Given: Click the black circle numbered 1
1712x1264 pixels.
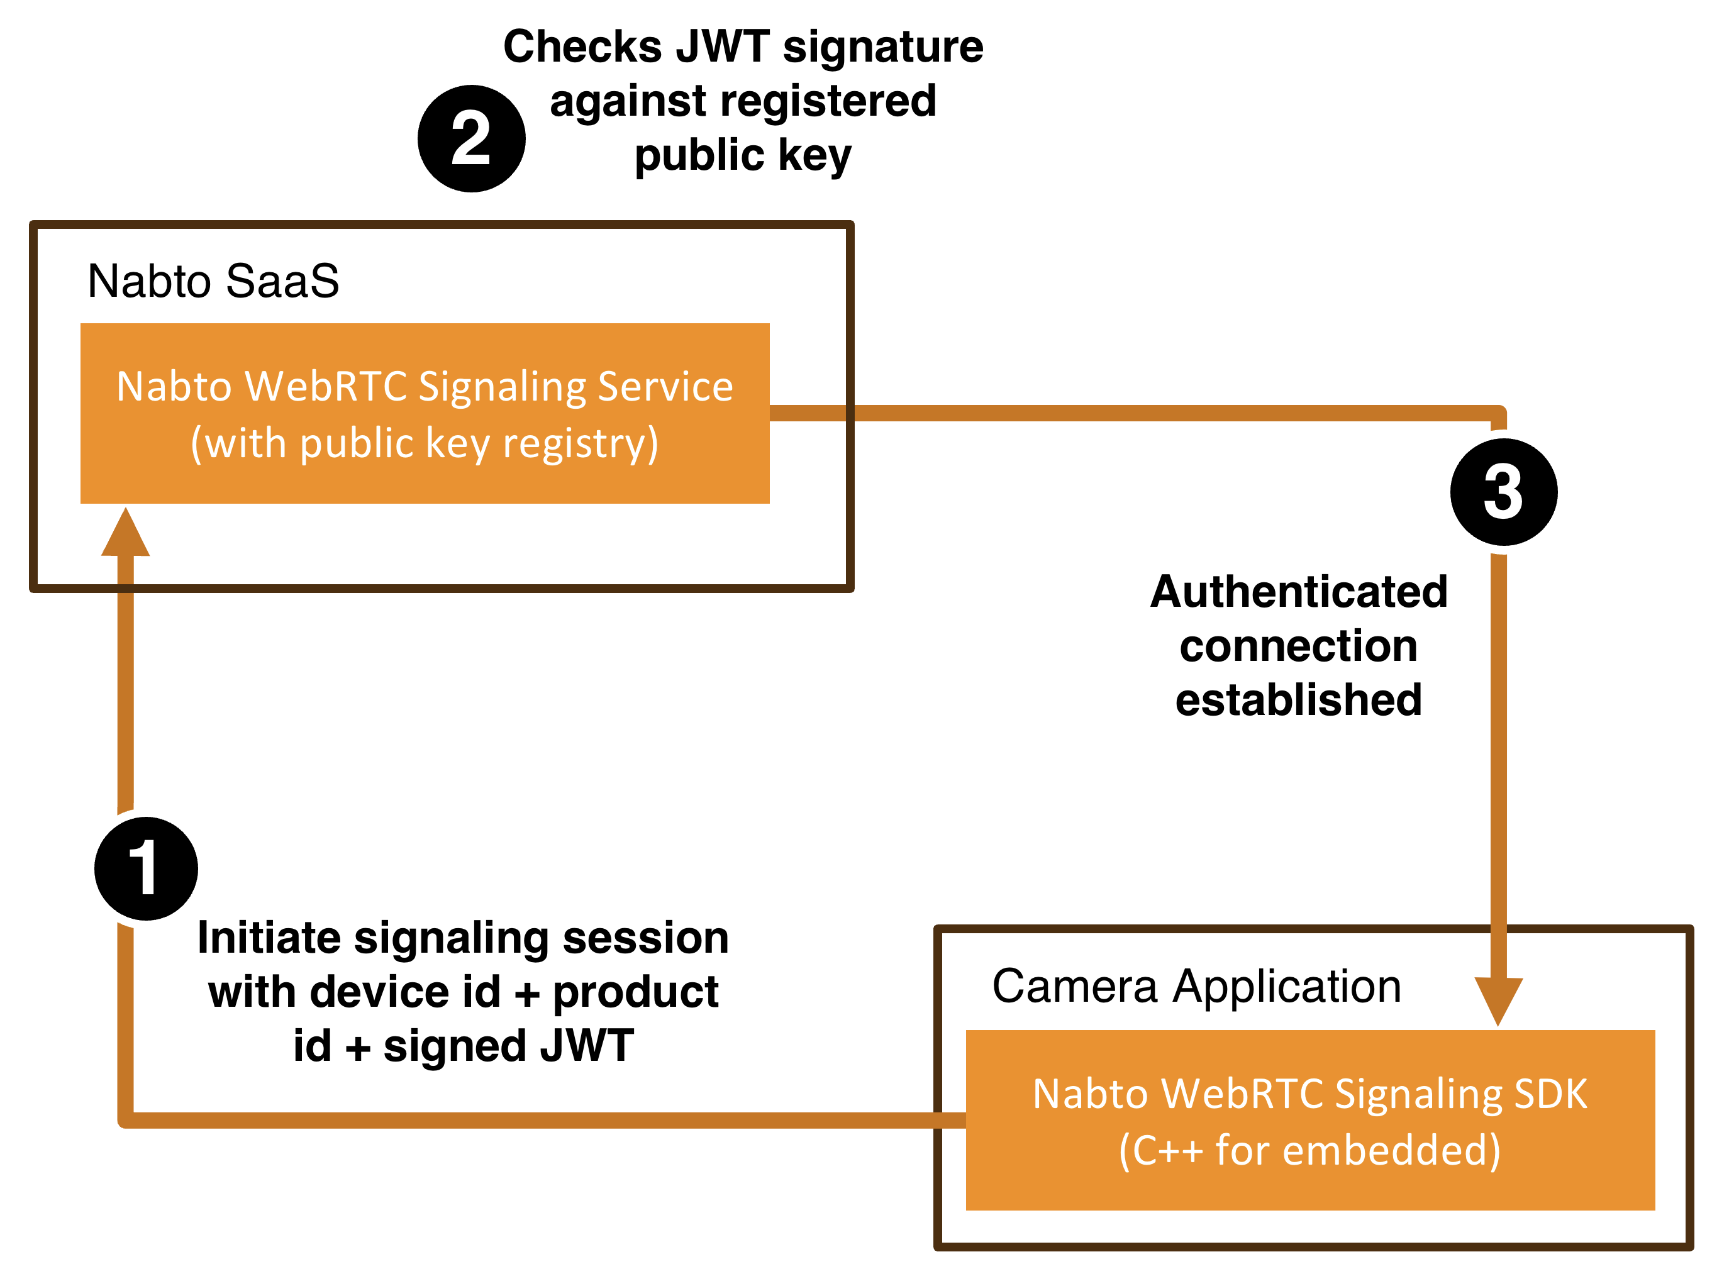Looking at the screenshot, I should (146, 868).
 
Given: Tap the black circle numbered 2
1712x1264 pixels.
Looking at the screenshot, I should (472, 138).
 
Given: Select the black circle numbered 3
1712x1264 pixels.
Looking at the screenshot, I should (1504, 492).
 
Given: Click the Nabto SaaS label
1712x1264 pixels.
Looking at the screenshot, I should (213, 281).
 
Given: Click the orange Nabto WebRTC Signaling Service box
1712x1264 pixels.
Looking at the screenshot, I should (425, 413).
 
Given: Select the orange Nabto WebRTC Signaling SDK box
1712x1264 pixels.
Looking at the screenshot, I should (1309, 1120).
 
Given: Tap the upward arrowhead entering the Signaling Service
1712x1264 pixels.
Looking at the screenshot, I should (126, 533).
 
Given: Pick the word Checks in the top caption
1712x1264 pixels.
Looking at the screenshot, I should (582, 47).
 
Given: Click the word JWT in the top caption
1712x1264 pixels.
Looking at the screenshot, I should (723, 47).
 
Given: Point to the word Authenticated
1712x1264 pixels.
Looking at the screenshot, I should (1299, 592).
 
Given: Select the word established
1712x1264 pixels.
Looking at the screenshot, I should (1299, 699).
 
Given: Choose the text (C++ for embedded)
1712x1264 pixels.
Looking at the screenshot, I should (1309, 1150).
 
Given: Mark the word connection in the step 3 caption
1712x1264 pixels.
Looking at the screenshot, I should (1299, 646).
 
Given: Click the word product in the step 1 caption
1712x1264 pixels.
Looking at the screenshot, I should (635, 992).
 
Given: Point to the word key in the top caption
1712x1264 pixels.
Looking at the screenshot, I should (814, 155).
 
